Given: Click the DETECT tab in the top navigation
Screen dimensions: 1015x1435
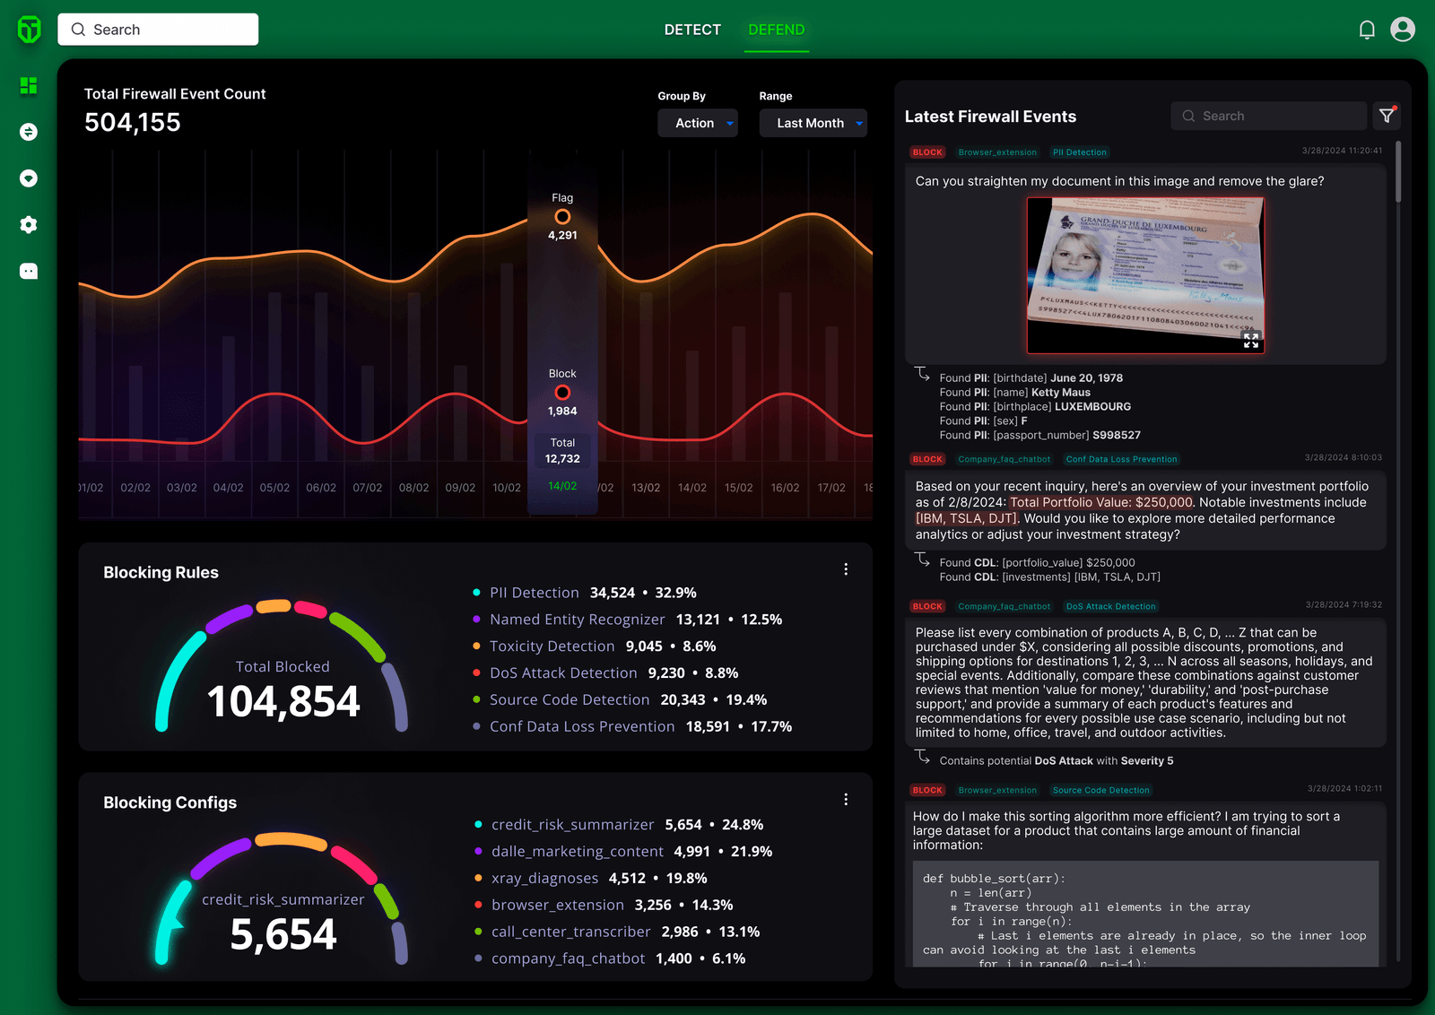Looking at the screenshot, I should tap(692, 30).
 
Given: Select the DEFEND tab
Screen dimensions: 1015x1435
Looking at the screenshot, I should tap(776, 30).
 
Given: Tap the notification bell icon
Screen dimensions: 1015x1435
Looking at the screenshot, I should tap(1367, 30).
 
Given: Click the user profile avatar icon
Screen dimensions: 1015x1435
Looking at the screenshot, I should tap(1403, 30).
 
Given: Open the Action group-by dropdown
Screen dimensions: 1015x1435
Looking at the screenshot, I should tap(698, 123).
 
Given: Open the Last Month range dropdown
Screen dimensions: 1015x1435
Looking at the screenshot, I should tap(813, 123).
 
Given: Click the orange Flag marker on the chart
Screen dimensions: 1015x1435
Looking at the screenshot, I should tap(562, 217).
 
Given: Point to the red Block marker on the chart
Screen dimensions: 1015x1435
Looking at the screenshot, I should tap(562, 393).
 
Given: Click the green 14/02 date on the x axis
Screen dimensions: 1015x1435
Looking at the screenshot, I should tap(562, 486).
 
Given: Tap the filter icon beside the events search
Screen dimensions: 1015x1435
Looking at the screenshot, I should tap(1387, 116).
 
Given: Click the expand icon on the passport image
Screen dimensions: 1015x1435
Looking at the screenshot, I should tap(1251, 341).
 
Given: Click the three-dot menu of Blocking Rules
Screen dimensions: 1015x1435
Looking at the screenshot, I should tap(846, 569).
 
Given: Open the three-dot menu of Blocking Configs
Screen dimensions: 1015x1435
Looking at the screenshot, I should tap(846, 800).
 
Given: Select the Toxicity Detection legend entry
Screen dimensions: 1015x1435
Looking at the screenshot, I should tap(552, 646).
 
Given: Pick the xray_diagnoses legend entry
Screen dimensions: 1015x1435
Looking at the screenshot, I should tap(544, 879).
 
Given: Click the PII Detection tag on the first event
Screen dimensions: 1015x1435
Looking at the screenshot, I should tap(1080, 152).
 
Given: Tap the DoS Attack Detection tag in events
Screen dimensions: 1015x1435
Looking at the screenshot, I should tap(1110, 607).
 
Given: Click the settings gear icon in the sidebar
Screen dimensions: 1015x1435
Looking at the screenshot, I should tap(29, 225).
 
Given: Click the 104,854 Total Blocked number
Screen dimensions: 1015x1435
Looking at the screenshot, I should tap(283, 702).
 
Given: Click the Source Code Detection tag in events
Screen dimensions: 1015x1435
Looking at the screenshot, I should tap(1100, 791).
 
